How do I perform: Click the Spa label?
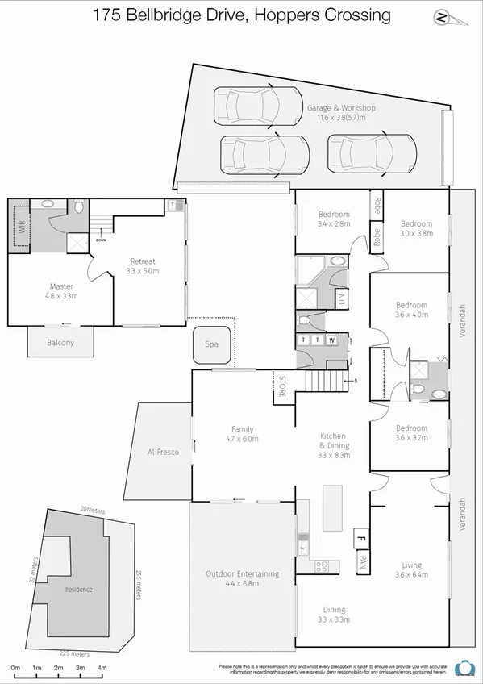[211, 344]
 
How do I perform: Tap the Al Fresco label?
[162, 453]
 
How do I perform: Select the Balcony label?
[60, 343]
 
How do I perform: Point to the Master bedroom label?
[61, 286]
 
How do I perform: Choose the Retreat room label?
[143, 261]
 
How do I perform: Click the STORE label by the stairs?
[282, 389]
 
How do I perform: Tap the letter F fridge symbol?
[362, 536]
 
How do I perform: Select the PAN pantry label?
[364, 559]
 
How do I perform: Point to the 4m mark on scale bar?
[102, 668]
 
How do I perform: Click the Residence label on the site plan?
[78, 590]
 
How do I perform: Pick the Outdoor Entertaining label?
[242, 574]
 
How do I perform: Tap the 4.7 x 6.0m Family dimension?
[242, 440]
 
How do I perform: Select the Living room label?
[411, 565]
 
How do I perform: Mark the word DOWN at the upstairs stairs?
[101, 240]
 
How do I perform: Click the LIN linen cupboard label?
[341, 299]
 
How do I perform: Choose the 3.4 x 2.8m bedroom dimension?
[333, 224]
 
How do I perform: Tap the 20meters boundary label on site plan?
[93, 510]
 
